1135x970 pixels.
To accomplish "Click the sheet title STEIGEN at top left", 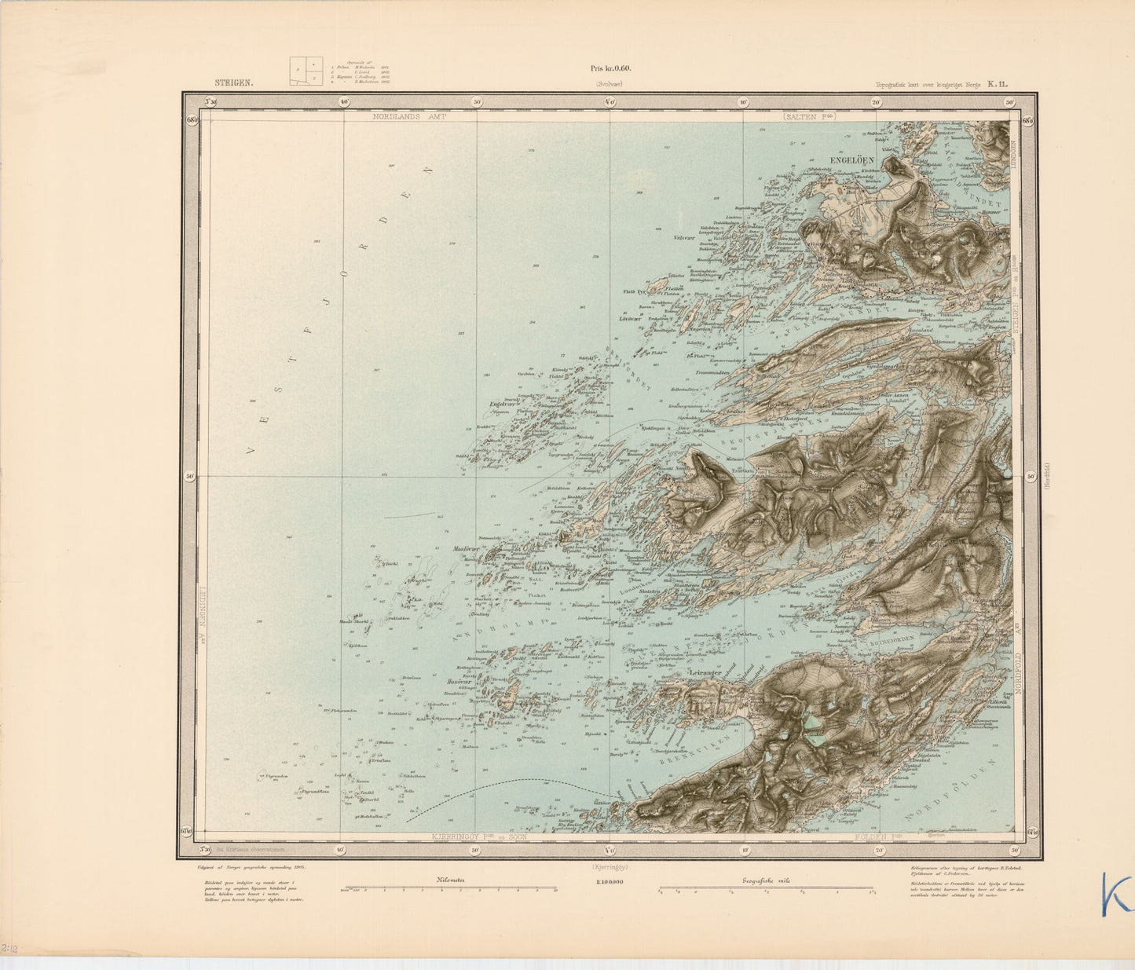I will coord(234,82).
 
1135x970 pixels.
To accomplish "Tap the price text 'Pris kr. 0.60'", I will coord(610,68).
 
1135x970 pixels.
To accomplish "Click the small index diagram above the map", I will coord(306,71).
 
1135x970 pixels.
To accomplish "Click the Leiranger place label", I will coord(704,673).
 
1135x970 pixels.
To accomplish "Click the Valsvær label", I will coord(685,237).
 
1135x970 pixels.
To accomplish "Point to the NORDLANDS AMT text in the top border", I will coord(409,116).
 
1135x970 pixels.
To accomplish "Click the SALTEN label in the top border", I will coord(808,116).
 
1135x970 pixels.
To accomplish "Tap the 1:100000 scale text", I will coord(609,881).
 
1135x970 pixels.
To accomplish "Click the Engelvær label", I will coord(501,404).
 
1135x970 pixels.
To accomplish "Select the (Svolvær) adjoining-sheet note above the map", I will coord(610,82).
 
